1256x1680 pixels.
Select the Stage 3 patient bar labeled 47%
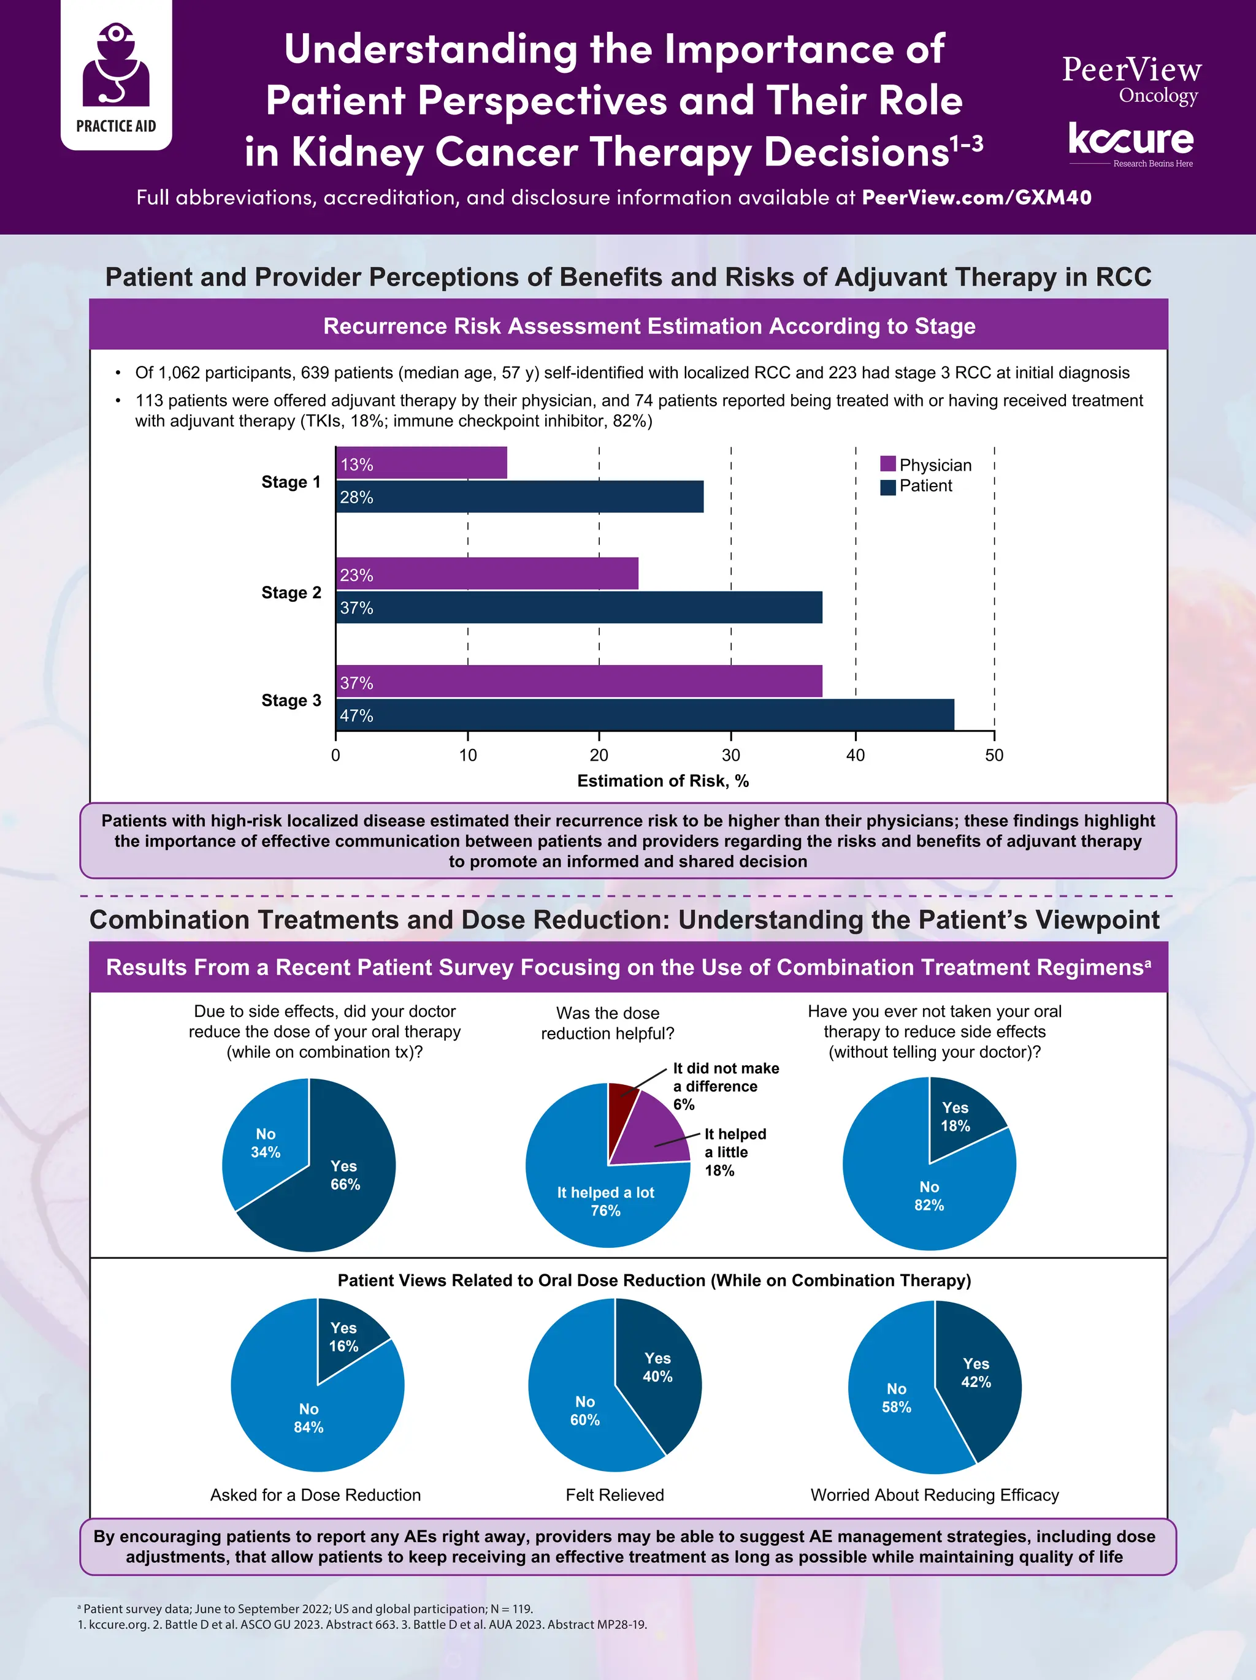pyautogui.click(x=645, y=715)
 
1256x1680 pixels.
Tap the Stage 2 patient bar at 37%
pyautogui.click(x=579, y=607)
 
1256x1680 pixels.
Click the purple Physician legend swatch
pyautogui.click(x=887, y=464)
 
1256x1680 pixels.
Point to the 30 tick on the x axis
pyautogui.click(x=730, y=755)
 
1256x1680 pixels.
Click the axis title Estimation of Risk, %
pyautogui.click(x=662, y=781)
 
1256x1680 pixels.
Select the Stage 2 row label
pyautogui.click(x=291, y=593)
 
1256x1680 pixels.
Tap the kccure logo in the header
pyautogui.click(x=1131, y=142)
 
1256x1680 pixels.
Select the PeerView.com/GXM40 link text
pyautogui.click(x=976, y=197)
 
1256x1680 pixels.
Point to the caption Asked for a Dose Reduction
pyautogui.click(x=315, y=1495)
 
